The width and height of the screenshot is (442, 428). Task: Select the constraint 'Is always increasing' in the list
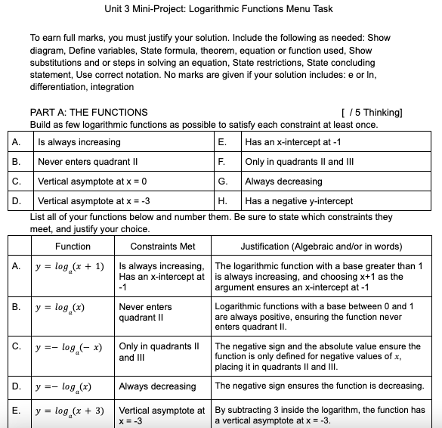pyautogui.click(x=79, y=142)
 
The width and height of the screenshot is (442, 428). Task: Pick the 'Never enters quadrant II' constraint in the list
pyautogui.click(x=85, y=162)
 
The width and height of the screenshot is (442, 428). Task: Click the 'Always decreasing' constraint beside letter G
pyautogui.click(x=283, y=181)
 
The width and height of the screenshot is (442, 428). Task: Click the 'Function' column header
pyautogui.click(x=73, y=247)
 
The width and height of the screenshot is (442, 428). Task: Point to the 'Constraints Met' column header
pyautogui.click(x=162, y=247)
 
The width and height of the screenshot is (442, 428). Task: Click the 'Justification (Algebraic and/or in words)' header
pyautogui.click(x=322, y=247)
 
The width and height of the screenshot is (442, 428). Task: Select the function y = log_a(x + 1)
pyautogui.click(x=69, y=268)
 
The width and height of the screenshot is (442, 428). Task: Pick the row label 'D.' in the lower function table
pyautogui.click(x=17, y=386)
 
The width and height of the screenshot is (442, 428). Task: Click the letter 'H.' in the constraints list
pyautogui.click(x=222, y=201)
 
